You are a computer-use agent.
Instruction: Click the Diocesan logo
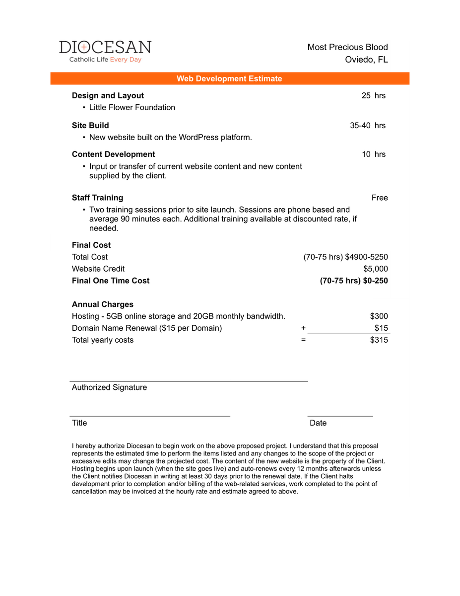pyautogui.click(x=105, y=51)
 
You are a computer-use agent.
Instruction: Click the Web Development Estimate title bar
pyautogui.click(x=229, y=78)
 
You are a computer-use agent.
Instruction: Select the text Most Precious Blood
pyautogui.click(x=347, y=47)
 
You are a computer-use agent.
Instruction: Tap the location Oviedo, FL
pyautogui.click(x=366, y=60)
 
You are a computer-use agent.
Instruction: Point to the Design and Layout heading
pyautogui.click(x=108, y=95)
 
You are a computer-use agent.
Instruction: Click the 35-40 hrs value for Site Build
pyautogui.click(x=368, y=125)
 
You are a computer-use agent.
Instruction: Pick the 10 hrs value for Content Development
pyautogui.click(x=374, y=154)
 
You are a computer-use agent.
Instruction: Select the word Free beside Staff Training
pyautogui.click(x=380, y=198)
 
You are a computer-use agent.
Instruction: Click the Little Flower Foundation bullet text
pyautogui.click(x=132, y=107)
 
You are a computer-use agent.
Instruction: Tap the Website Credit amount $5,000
pyautogui.click(x=376, y=269)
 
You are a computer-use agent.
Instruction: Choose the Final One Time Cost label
pyautogui.click(x=111, y=281)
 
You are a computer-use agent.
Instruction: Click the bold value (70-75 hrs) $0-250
pyautogui.click(x=354, y=281)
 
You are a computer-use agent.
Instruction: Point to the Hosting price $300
pyautogui.click(x=379, y=316)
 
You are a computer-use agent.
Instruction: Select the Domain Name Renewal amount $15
pyautogui.click(x=381, y=328)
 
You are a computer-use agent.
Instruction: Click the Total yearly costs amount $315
pyautogui.click(x=379, y=340)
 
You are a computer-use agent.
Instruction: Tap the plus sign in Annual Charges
pyautogui.click(x=303, y=328)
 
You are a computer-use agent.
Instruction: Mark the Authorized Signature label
pyautogui.click(x=109, y=387)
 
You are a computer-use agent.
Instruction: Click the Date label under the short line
pyautogui.click(x=318, y=423)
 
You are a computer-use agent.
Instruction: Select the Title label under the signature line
pyautogui.click(x=79, y=423)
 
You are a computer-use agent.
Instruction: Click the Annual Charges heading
pyautogui.click(x=103, y=304)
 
